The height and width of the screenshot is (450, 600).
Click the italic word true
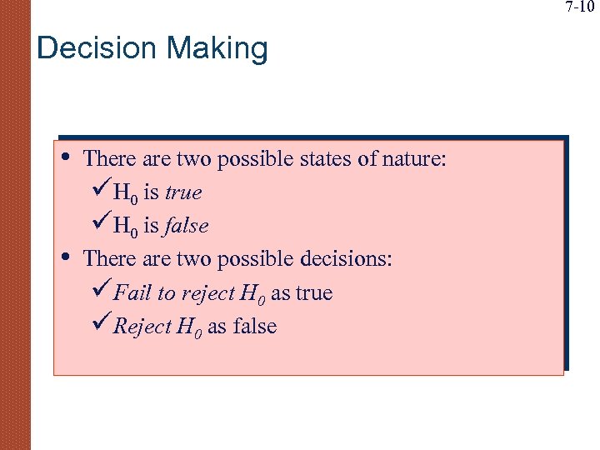(x=183, y=192)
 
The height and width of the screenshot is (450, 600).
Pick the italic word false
(x=186, y=226)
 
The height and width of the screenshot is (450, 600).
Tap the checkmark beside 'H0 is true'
(x=99, y=192)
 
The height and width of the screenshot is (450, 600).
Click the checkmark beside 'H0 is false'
(x=99, y=226)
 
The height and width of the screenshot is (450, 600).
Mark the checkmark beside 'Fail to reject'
(x=99, y=292)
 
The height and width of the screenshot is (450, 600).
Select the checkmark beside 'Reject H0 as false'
(x=99, y=326)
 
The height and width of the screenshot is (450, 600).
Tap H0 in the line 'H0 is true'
(x=126, y=193)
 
